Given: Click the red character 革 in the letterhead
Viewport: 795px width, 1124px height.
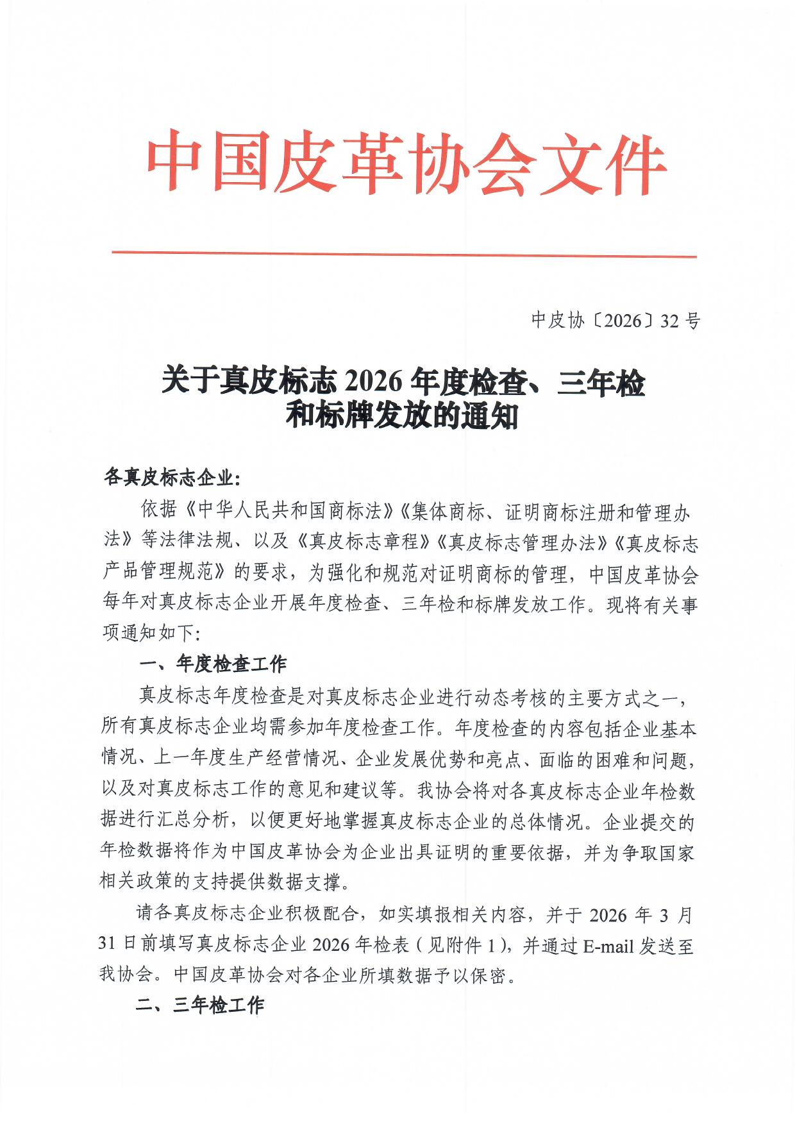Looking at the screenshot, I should pos(370,163).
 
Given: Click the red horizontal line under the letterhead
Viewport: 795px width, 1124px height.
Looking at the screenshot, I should pos(404,255).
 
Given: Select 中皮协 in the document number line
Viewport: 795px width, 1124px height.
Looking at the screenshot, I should pos(557,321).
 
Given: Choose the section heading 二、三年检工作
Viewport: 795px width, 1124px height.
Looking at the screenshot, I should pos(200,1006).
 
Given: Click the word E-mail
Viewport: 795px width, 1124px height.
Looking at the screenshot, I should pos(608,946).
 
